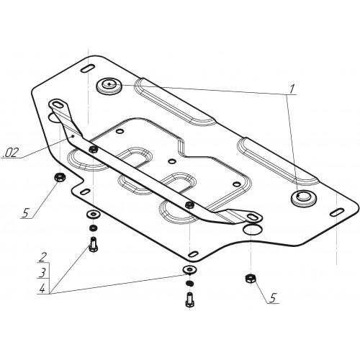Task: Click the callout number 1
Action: tap(292, 89)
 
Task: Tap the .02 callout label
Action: tap(10, 153)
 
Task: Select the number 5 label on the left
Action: tap(25, 213)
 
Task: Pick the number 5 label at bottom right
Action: tap(272, 298)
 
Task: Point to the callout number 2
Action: tap(42, 258)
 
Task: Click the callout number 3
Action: tap(42, 273)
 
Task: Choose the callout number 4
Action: tap(42, 289)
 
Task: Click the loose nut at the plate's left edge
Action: tap(59, 177)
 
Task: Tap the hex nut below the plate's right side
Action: tap(251, 279)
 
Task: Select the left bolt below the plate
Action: tap(93, 244)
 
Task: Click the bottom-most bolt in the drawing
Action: tap(189, 300)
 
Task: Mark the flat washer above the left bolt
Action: tap(93, 214)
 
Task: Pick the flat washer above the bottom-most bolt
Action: tap(190, 269)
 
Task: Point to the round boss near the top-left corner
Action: tap(109, 86)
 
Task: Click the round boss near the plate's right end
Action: tap(304, 198)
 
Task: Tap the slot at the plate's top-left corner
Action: tap(87, 68)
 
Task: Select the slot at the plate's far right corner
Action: tap(337, 212)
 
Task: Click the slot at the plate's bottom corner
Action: tap(194, 253)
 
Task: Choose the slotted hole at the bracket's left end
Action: tap(57, 104)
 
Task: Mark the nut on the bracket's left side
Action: tap(93, 150)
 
